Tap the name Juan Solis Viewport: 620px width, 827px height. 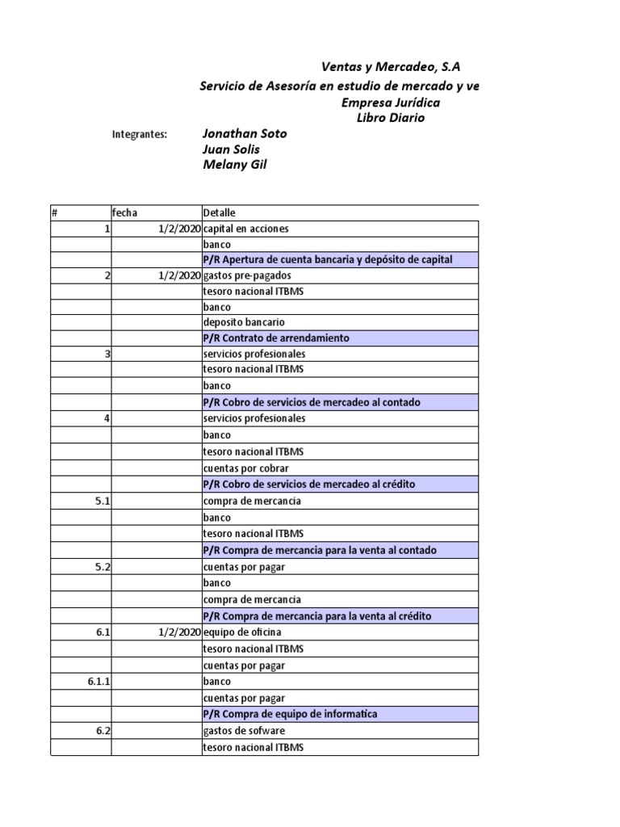pyautogui.click(x=230, y=149)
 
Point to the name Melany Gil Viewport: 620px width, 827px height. pyautogui.click(x=234, y=165)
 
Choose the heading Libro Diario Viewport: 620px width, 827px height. pyautogui.click(x=390, y=118)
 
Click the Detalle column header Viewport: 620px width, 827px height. pyautogui.click(x=220, y=212)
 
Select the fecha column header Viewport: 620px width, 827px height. pyautogui.click(x=125, y=212)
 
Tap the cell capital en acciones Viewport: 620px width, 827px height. pyautogui.click(x=245, y=229)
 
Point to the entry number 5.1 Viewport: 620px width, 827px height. pyautogui.click(x=103, y=501)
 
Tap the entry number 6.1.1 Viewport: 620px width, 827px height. pyautogui.click(x=98, y=682)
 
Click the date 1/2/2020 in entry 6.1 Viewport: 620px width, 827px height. pyautogui.click(x=178, y=632)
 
